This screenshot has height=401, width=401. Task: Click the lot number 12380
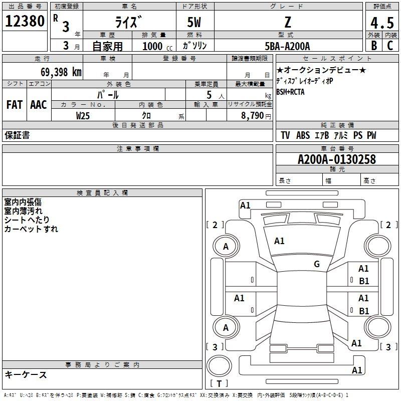point(25,21)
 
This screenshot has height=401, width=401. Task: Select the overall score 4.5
point(382,23)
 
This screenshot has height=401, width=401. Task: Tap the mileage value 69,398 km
point(61,72)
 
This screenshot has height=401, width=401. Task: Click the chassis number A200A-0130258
point(337,159)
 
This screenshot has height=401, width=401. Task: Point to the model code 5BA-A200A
point(287,46)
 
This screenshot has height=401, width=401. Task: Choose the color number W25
point(83,116)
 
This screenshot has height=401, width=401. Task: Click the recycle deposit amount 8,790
point(252,116)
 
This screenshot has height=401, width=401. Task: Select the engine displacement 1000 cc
point(157,46)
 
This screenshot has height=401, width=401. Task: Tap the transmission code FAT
point(15,105)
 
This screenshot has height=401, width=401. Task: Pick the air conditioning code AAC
point(39,105)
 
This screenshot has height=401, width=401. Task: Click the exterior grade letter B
point(374,46)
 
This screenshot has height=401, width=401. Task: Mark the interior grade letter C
point(390,46)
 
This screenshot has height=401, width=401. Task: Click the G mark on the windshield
point(317,264)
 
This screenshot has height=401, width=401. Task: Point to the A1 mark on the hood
point(279,241)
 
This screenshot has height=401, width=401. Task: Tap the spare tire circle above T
point(219,365)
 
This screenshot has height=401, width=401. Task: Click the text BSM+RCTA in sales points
point(290,92)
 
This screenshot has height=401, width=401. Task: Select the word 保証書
point(17,135)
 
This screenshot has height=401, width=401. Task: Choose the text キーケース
point(26,374)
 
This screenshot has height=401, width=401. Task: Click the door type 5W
point(194,22)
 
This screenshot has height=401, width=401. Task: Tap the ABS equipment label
point(303,135)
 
